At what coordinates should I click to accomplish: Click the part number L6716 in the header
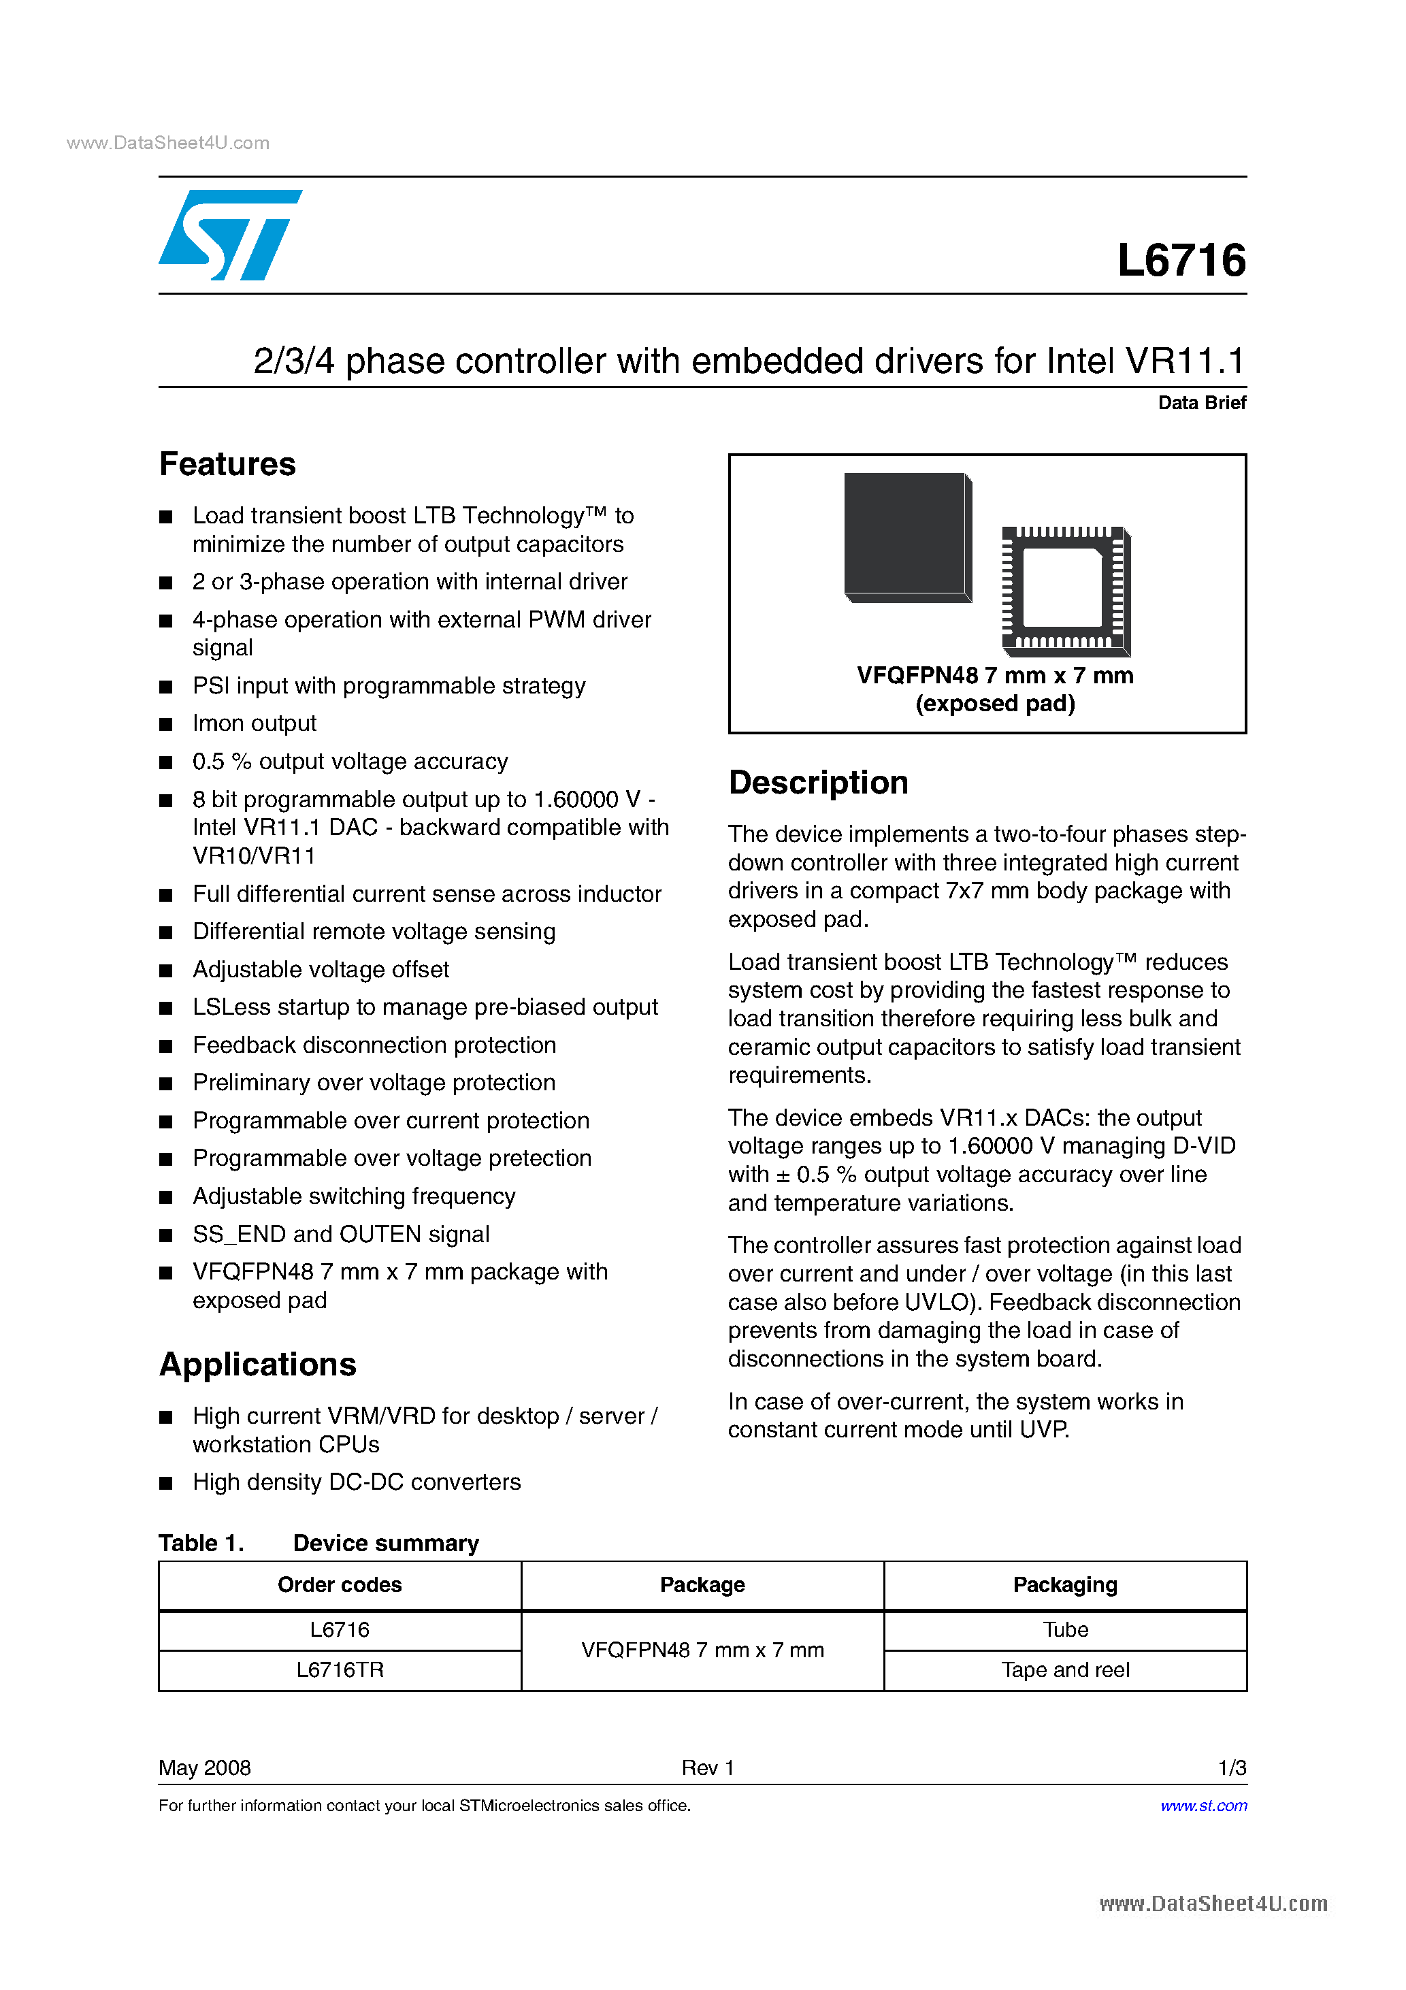(x=1181, y=260)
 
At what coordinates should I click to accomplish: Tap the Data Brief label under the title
(x=1201, y=402)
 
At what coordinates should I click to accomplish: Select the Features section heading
(x=227, y=465)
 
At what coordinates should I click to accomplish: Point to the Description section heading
(x=817, y=783)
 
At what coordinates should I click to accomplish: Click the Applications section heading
(x=257, y=1365)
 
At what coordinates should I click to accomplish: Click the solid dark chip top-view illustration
(x=906, y=536)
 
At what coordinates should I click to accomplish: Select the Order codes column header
(x=339, y=1584)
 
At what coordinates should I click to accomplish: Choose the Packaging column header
(x=1064, y=1584)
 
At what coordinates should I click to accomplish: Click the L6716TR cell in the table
(x=339, y=1669)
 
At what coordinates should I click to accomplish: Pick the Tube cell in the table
(x=1064, y=1629)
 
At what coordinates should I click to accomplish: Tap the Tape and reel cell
(x=1064, y=1669)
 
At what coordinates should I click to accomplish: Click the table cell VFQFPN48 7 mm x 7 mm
(x=702, y=1650)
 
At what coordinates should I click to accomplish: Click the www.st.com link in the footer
(x=1203, y=1806)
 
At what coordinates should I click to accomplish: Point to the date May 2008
(x=205, y=1767)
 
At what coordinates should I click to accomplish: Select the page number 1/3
(x=1231, y=1767)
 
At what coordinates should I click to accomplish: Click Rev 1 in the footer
(x=707, y=1767)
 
